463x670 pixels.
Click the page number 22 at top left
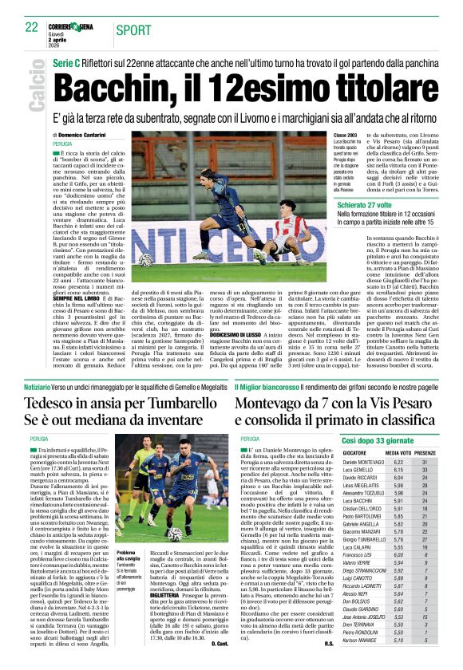(x=32, y=27)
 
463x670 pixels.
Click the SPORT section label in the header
(x=133, y=30)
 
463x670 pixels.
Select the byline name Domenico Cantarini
(x=89, y=136)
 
